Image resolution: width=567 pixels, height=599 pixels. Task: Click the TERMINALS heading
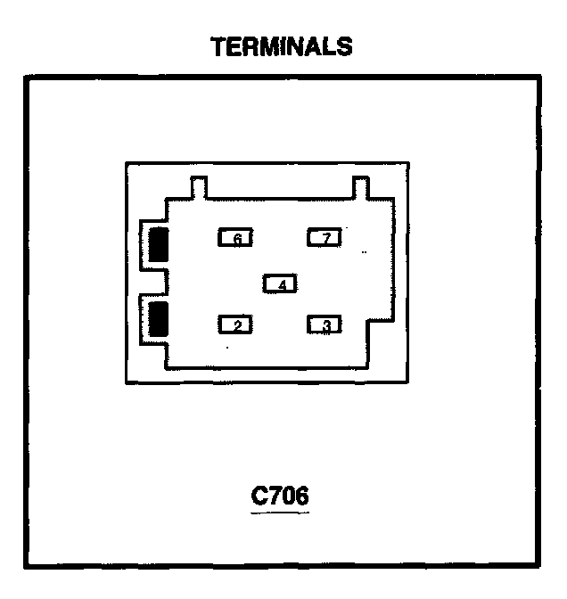282,46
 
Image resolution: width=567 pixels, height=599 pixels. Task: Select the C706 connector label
281,496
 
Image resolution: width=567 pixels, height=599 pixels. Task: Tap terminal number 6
236,238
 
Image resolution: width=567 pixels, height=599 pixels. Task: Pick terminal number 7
325,238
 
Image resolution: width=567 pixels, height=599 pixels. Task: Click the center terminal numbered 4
281,284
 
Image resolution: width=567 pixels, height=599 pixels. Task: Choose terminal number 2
236,325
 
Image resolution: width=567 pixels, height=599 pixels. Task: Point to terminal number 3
325,325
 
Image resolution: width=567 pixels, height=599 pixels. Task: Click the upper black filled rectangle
159,244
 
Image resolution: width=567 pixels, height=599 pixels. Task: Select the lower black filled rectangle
159,317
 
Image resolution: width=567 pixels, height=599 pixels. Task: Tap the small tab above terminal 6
200,188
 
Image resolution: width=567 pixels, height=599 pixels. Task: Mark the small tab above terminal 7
361,188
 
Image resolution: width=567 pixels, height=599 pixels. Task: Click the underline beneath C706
281,513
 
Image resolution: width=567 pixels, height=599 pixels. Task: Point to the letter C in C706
259,496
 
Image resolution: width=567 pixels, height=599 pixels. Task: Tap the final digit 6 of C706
302,496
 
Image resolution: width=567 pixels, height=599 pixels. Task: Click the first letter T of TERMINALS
218,46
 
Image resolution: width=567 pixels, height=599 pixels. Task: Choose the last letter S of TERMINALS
344,46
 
